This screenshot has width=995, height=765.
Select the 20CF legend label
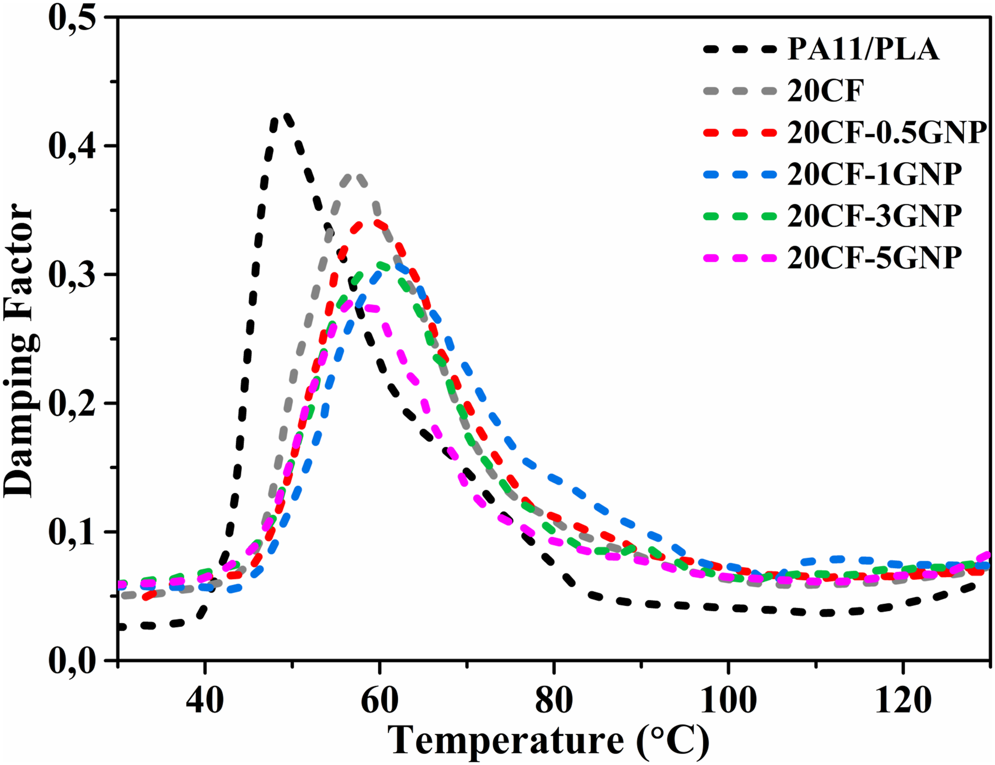point(826,91)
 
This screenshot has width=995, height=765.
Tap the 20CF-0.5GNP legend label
point(887,133)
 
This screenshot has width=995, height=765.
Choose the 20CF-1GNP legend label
point(874,175)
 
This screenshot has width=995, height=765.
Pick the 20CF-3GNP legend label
point(874,216)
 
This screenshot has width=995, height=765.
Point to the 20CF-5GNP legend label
point(874,258)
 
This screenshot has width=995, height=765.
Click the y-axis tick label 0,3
point(73,274)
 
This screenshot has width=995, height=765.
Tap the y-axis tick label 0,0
point(73,660)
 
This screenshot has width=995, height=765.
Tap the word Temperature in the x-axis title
point(507,740)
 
